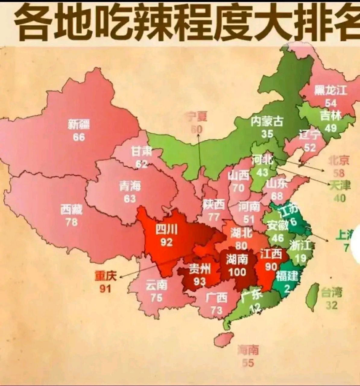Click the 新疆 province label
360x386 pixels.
[79, 124]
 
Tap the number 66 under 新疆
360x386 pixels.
[79, 137]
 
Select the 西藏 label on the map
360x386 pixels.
[71, 209]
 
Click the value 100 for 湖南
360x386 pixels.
[237, 272]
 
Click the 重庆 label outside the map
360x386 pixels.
[106, 276]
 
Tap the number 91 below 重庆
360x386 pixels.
[105, 289]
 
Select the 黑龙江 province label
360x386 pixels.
[330, 90]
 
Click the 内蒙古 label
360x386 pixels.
[267, 121]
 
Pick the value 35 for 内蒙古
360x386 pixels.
[267, 134]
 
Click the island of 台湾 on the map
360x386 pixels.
[312, 297]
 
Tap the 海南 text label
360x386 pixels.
[248, 350]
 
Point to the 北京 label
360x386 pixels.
[339, 160]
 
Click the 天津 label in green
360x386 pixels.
[340, 185]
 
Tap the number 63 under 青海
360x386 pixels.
[130, 199]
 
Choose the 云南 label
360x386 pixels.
[156, 285]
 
